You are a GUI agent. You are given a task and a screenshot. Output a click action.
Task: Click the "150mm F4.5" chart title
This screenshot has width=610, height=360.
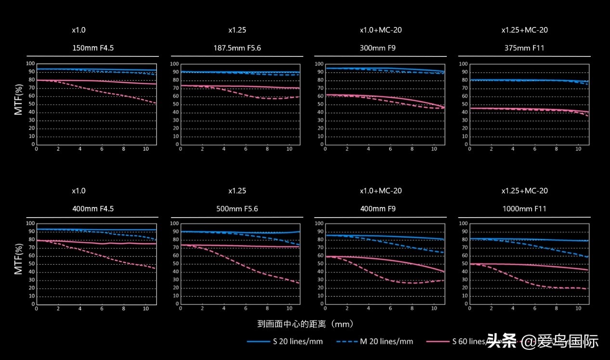pos(93,48)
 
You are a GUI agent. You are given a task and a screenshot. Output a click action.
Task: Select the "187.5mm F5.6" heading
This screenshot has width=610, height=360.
pos(237,48)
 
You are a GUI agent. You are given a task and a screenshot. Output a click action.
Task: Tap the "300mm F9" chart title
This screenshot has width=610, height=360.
pos(381,48)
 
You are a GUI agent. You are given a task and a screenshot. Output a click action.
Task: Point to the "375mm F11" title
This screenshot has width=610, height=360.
pos(524,48)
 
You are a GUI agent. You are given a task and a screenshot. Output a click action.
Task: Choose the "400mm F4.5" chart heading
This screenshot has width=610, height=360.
pos(93,209)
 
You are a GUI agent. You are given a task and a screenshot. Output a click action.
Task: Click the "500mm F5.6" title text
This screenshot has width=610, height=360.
pos(237,209)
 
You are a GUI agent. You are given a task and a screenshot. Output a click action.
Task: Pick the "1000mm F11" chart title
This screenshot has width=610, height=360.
pos(524,209)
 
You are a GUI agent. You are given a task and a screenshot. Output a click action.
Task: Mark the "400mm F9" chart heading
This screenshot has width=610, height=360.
pos(381,209)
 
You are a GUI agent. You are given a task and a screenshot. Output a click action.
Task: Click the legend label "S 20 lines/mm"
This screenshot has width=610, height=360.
pos(298,342)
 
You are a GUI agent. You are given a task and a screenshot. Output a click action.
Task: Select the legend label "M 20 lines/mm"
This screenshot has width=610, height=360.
pos(387,342)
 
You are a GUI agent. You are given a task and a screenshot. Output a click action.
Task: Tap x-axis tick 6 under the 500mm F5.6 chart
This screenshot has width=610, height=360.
pos(246,309)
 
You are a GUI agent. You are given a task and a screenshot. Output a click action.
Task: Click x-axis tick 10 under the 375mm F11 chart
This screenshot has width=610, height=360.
pos(578,149)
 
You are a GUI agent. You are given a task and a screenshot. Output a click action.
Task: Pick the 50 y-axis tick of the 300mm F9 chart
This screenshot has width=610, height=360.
pos(319,104)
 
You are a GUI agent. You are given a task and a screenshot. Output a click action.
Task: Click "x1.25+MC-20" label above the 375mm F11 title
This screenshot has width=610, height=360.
pos(524,30)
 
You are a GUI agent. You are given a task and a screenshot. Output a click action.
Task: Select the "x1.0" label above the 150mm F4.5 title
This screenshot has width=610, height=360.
pos(79,30)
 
